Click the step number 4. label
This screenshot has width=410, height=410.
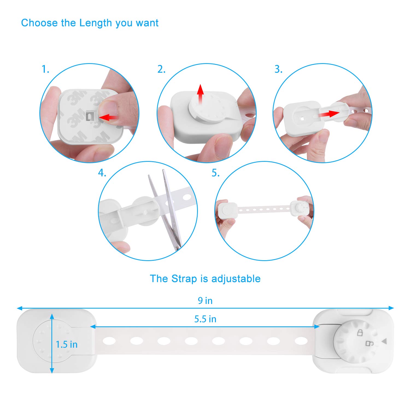[102, 173]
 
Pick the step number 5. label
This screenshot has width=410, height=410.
[216, 173]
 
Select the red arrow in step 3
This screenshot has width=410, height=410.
[329, 113]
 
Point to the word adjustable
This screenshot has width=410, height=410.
[236, 279]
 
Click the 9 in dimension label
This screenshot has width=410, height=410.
[205, 301]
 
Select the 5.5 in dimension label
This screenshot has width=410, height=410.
[205, 319]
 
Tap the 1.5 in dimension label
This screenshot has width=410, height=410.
[66, 344]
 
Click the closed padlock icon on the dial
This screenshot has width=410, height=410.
[360, 333]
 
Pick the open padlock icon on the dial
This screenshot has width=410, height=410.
[370, 343]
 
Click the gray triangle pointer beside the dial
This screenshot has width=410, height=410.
[384, 341]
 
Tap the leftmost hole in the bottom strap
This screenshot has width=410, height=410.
[109, 341]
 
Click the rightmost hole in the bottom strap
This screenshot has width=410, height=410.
[301, 341]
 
